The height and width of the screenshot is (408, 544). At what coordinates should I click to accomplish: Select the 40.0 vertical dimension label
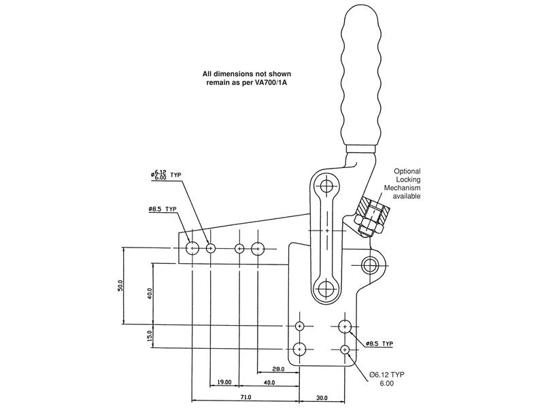149,294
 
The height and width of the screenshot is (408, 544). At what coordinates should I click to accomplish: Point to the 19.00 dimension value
225,382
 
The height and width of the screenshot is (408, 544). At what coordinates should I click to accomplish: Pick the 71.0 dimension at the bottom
246,397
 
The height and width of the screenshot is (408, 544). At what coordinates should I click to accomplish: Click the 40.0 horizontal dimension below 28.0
269,382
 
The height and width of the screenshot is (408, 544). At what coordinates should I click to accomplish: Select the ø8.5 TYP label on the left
163,209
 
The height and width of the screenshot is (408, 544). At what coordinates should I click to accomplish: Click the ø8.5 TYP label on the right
379,343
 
